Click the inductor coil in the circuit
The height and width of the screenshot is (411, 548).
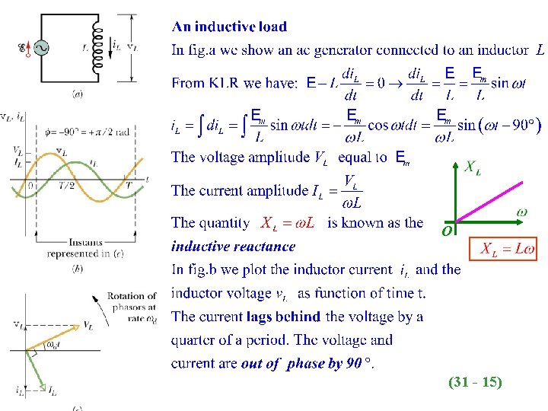[97, 47]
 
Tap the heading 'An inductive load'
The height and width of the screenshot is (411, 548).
[229, 27]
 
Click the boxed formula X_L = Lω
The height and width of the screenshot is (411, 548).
[508, 249]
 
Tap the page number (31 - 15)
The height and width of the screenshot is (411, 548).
[475, 383]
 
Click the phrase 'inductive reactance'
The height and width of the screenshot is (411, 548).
[233, 246]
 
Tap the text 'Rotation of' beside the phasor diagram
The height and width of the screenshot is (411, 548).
[132, 296]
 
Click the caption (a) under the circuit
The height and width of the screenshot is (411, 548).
[78, 94]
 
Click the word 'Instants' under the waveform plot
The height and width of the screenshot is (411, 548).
[85, 243]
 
